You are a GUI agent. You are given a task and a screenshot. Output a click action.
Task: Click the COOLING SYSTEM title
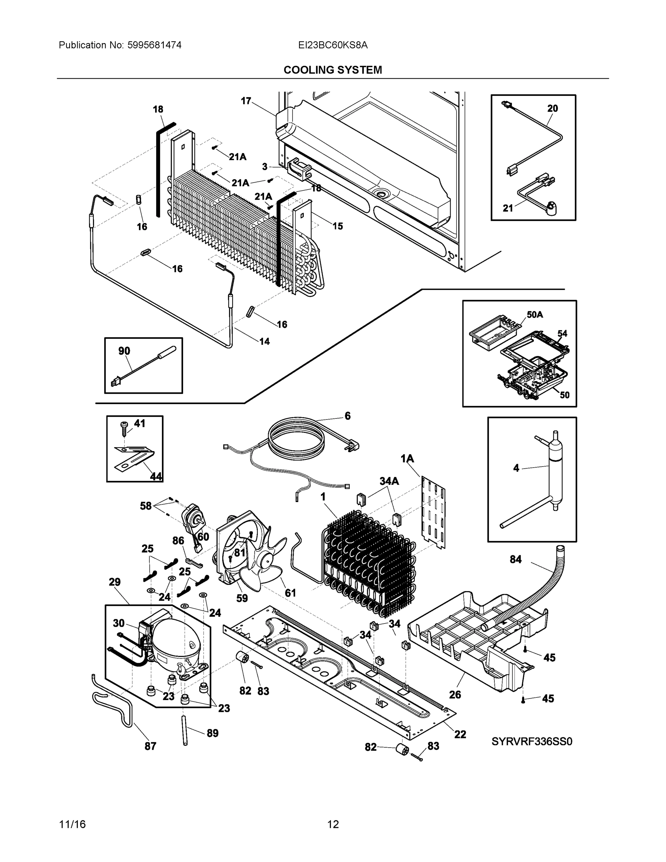[332, 70]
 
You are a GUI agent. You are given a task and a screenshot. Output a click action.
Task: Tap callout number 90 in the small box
[124, 351]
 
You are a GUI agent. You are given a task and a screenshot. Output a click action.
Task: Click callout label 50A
[535, 315]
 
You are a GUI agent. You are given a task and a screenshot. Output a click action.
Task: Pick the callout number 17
[246, 101]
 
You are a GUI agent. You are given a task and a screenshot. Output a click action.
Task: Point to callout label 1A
[407, 458]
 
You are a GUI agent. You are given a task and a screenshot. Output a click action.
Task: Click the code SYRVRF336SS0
[531, 742]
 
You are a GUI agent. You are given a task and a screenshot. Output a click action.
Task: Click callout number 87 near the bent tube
[150, 746]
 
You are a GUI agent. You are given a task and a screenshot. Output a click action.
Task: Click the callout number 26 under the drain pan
[455, 695]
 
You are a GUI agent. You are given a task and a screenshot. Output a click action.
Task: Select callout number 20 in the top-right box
[553, 108]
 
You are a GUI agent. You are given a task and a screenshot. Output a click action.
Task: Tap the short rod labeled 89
[185, 730]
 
